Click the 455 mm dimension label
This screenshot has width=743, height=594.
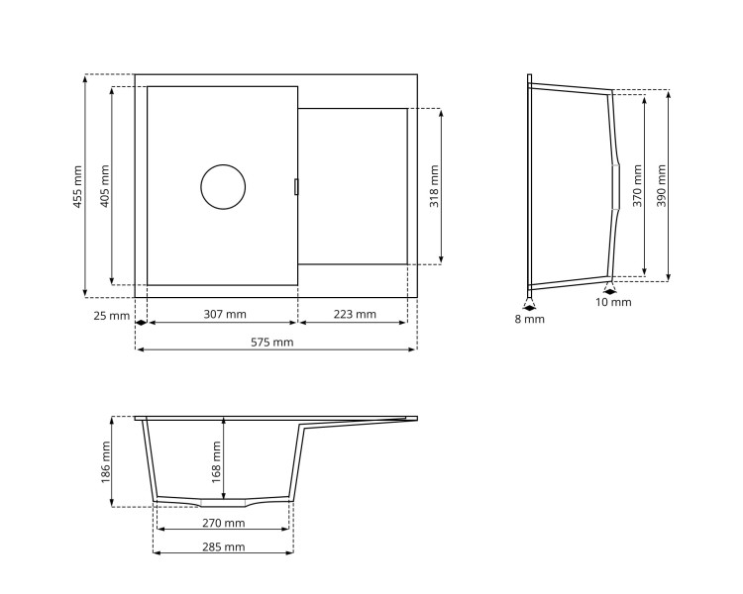78,186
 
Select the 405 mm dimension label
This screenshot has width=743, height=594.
105,186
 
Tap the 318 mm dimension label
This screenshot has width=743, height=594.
434,186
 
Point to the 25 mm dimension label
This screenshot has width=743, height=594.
112,316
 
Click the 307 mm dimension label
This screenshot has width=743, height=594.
225,315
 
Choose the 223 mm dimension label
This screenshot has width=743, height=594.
355,315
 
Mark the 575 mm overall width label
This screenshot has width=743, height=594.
272,343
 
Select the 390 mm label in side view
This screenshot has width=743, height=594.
662,185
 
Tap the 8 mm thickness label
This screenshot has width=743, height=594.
529,319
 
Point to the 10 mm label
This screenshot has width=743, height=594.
613,302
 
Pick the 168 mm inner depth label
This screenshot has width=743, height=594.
217,458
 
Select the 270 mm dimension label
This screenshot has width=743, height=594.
223,523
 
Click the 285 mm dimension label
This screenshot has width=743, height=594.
223,546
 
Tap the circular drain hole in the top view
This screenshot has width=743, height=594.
223,187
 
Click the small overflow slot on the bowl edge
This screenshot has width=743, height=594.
296,186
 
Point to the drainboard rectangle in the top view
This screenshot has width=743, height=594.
353,186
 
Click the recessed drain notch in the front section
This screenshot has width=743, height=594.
223,502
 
